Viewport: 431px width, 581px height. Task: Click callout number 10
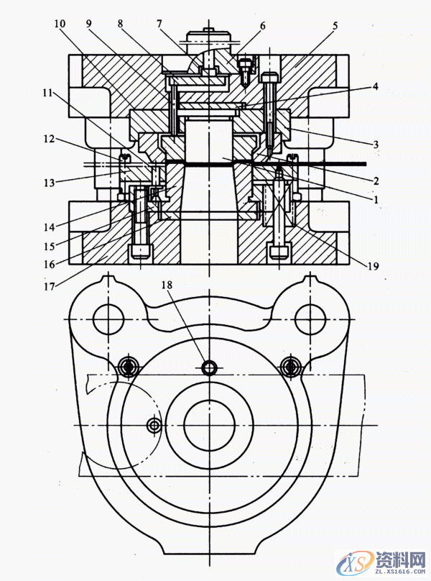point(59,24)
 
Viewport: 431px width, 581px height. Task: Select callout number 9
point(88,24)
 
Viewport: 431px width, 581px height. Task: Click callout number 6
point(263,26)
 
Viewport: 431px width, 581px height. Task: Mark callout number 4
point(374,87)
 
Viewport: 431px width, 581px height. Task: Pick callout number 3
point(374,144)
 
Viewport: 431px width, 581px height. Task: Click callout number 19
point(371,266)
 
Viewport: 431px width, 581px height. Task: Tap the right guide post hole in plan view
point(311,316)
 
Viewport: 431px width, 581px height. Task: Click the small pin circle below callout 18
point(209,368)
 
